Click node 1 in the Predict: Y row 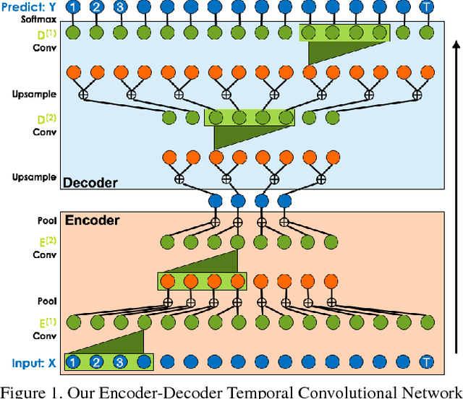tap(73, 8)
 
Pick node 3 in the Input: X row tap(121, 361)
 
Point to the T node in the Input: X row tap(428, 361)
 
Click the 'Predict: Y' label tap(32, 8)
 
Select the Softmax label tap(42, 21)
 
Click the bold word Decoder tap(90, 182)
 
